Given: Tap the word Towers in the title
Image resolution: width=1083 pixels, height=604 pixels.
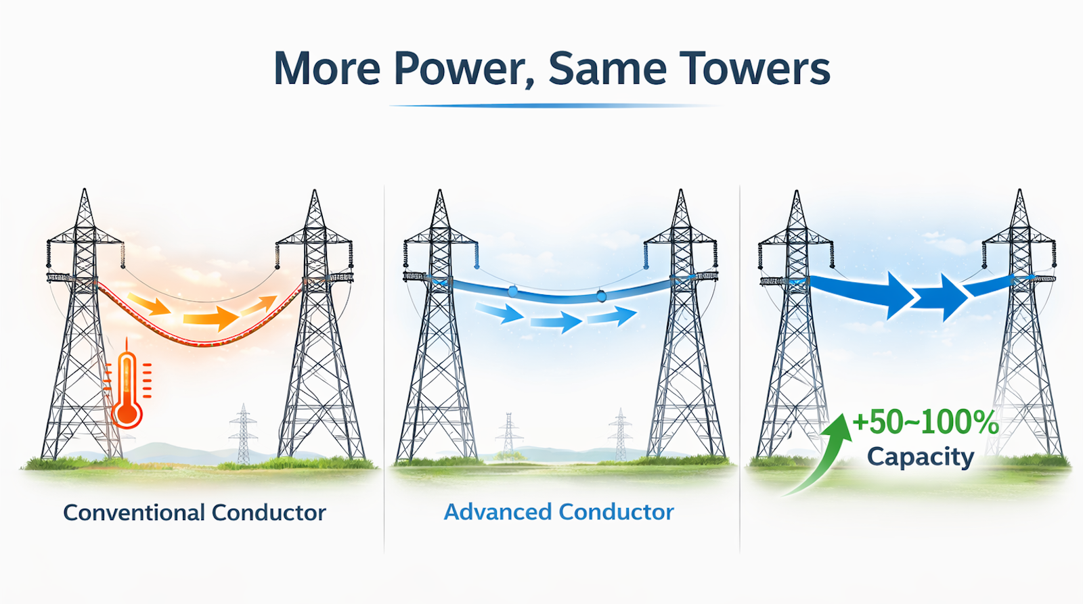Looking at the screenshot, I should click(x=755, y=69).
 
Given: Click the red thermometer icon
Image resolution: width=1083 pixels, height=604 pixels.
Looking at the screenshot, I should click(x=127, y=392).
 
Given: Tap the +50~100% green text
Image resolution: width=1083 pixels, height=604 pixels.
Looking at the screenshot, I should click(x=925, y=423).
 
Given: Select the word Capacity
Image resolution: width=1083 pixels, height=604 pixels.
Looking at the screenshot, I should click(x=921, y=457).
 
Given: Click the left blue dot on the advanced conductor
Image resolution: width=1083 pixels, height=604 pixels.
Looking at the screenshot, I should click(x=512, y=291).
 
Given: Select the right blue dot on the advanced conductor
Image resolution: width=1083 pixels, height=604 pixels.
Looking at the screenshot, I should click(x=601, y=296).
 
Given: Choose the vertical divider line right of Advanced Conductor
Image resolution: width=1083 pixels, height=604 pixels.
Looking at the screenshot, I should click(x=740, y=365).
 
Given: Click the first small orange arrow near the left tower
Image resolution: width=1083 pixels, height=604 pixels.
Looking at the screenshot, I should click(x=149, y=304).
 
